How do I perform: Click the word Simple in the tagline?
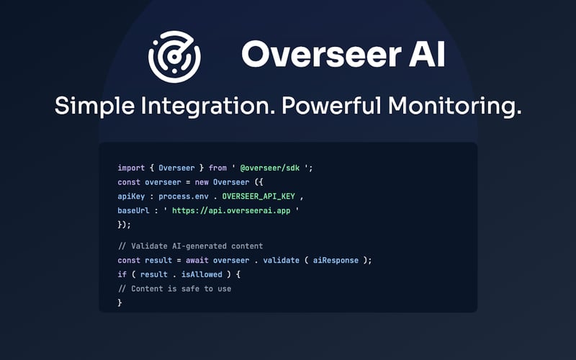(x=94, y=107)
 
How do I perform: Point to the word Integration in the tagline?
(x=207, y=107)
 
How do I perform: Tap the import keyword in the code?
(x=132, y=168)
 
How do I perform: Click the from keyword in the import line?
(x=217, y=168)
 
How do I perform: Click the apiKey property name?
(x=132, y=197)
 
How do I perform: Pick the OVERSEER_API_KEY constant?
(x=256, y=197)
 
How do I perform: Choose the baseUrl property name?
(x=134, y=211)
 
